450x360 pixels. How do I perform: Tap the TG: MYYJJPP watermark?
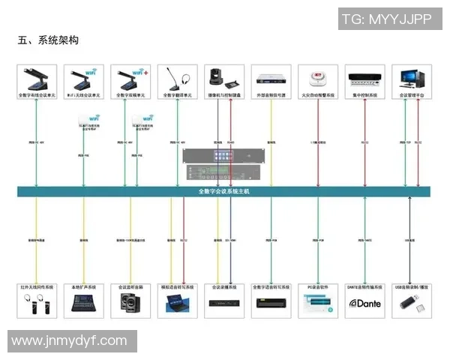385,19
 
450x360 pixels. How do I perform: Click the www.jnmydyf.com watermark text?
70,340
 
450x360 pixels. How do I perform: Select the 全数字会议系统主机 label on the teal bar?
224,192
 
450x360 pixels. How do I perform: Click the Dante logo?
364,304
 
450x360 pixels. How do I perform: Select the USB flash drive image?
411,303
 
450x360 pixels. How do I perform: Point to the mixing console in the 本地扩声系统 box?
83,303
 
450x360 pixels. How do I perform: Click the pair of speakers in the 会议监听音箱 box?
130,304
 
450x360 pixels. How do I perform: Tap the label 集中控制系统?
364,96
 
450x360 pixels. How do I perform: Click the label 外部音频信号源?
271,96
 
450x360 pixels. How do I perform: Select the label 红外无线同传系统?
37,287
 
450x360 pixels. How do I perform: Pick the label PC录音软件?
317,287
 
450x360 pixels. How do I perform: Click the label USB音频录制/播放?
411,287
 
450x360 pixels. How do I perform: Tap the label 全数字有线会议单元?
37,96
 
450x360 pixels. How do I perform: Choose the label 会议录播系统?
223,287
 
